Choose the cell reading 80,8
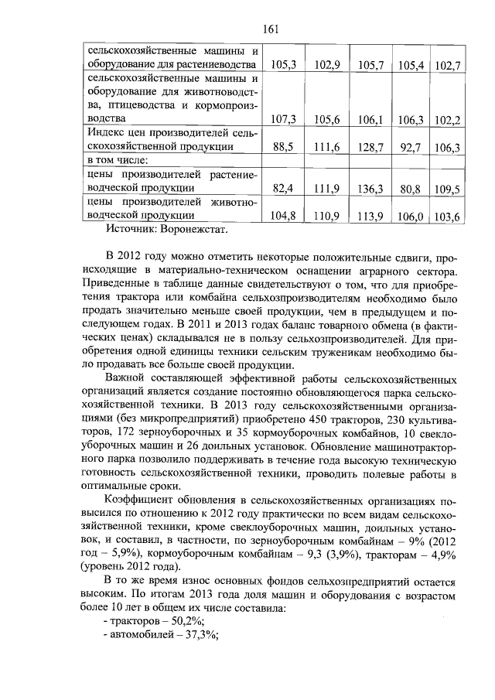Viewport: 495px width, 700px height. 410,188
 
